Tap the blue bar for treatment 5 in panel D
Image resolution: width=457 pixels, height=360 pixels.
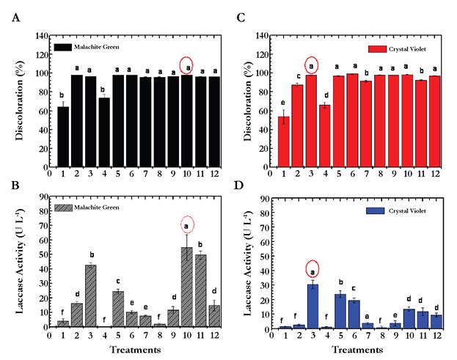coord(340,311)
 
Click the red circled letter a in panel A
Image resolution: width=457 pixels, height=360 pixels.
coord(186,66)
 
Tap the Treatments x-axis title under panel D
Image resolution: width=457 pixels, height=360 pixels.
coord(352,349)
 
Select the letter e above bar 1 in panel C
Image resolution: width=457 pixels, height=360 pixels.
coord(283,103)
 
